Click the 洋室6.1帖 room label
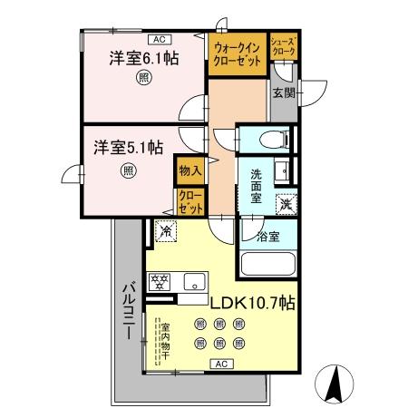pos(144,58)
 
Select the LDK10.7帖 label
pos(253,301)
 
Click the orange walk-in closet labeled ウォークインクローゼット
pos(238,54)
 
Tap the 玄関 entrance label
pos(282,92)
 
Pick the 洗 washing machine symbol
pos(286,205)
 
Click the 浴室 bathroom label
pos(267,238)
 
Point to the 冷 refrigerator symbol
pos(165,231)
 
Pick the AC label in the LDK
pos(221,364)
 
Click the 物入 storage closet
pos(189,170)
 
